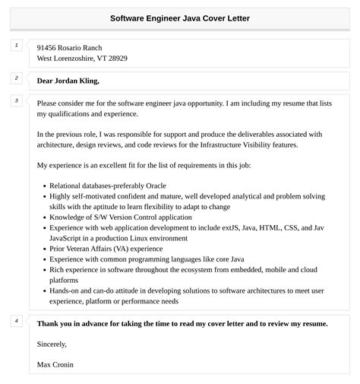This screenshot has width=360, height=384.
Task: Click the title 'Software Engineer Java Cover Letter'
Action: click(179, 17)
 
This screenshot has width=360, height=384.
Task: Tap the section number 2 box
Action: click(16, 78)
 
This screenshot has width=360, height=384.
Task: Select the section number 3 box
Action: click(16, 100)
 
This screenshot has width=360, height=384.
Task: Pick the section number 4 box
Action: click(16, 321)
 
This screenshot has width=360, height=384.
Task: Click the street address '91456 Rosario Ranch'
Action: click(69, 47)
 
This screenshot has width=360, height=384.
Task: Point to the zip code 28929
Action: click(117, 58)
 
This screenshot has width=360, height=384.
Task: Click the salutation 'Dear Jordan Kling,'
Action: click(68, 81)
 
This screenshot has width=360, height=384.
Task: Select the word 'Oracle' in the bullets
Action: click(151, 186)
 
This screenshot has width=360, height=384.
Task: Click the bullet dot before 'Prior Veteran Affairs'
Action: click(43, 249)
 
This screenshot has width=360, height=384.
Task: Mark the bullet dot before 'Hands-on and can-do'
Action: click(43, 290)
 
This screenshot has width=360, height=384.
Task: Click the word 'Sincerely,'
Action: click(52, 344)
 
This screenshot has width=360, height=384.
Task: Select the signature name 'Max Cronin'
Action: click(55, 364)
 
